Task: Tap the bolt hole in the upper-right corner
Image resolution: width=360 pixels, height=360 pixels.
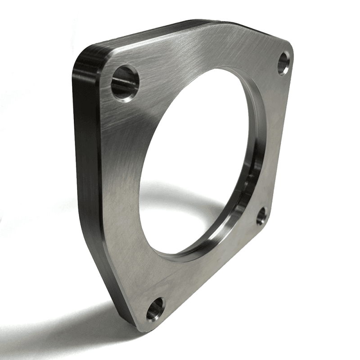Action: pos(284,63)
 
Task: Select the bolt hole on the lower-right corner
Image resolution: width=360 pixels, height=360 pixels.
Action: pos(262,216)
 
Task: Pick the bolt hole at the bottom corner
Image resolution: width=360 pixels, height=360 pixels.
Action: pos(156,309)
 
